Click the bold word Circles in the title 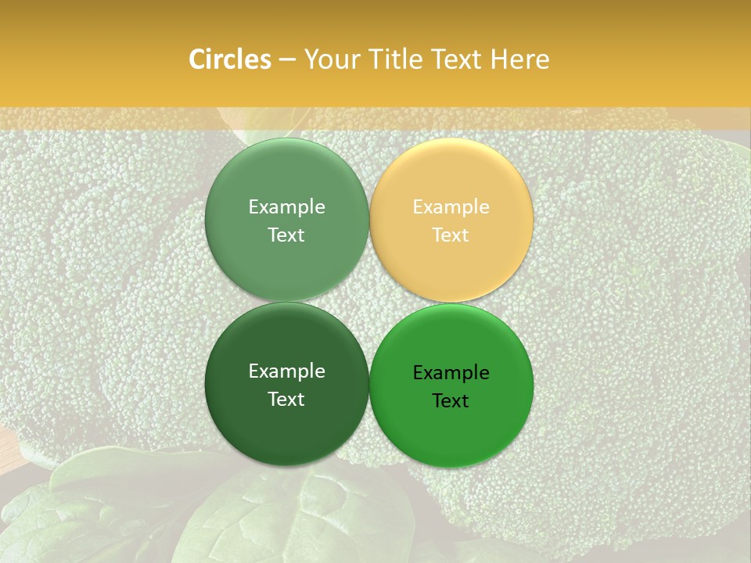click(229, 59)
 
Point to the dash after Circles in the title click(287, 60)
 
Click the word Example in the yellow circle click(451, 206)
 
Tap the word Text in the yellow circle click(451, 235)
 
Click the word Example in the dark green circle click(287, 371)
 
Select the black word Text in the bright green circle click(451, 400)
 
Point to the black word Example click(451, 372)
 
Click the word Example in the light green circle click(287, 206)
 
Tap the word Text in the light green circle click(286, 235)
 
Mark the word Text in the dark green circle click(286, 399)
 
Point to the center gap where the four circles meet click(369, 302)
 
